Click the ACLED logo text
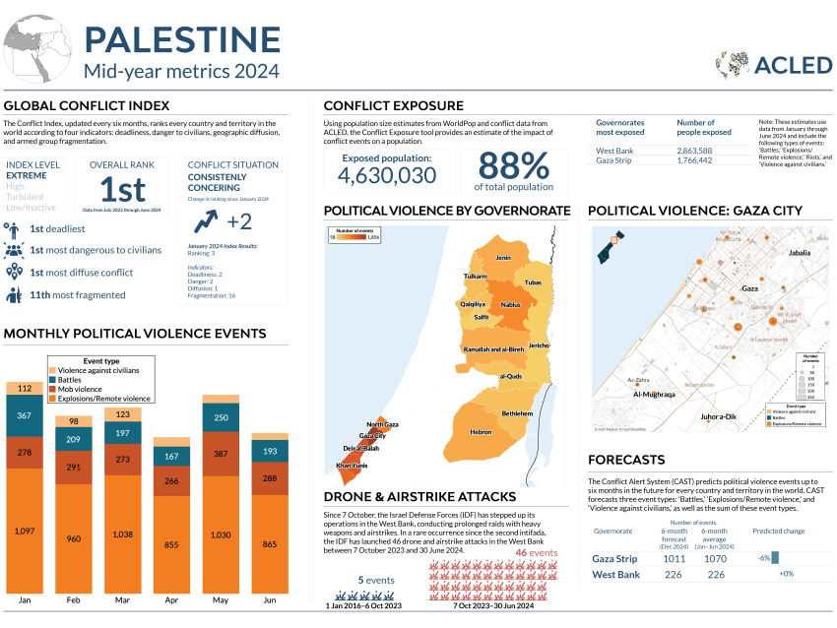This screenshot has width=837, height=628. [793, 65]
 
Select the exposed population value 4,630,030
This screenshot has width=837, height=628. [386, 175]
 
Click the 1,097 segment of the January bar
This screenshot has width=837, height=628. [24, 532]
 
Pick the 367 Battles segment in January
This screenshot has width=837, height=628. [24, 416]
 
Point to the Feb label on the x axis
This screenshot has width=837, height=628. [73, 599]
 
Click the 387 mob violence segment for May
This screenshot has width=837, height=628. [220, 455]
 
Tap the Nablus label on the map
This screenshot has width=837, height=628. [510, 305]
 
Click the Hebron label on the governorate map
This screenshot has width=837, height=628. [481, 432]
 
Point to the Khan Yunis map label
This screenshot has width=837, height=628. [352, 465]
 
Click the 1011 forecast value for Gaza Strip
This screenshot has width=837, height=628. [674, 559]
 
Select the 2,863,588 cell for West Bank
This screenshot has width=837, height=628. [704, 151]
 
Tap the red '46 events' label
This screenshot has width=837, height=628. [537, 553]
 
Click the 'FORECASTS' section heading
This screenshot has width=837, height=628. [625, 460]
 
